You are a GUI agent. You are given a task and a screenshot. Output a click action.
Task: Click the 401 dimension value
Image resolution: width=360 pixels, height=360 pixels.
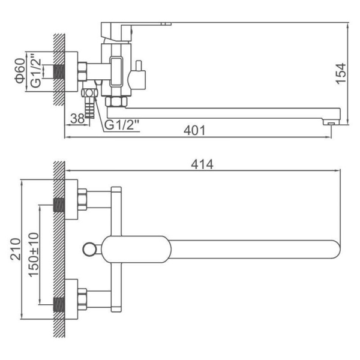point(194,130)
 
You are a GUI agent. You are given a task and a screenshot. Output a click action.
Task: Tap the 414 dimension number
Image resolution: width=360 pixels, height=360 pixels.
point(202,164)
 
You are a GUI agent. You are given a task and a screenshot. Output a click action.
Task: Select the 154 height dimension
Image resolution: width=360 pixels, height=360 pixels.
point(341,73)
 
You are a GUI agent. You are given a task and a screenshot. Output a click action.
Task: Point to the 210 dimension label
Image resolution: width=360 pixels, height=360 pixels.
point(16,249)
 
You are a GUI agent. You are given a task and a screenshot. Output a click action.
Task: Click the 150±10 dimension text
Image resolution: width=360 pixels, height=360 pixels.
point(34,254)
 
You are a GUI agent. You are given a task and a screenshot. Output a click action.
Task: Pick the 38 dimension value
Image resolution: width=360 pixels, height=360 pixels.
point(77,119)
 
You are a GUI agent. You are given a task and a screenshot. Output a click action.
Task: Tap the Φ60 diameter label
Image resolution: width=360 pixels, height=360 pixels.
point(20,71)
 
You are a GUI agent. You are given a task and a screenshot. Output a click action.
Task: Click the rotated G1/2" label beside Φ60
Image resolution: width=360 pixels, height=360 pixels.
point(36,71)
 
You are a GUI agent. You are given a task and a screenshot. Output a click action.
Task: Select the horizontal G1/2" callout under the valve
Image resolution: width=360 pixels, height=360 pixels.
point(122,125)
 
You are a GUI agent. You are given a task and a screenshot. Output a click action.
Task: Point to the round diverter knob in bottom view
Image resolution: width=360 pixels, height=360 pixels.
point(89,249)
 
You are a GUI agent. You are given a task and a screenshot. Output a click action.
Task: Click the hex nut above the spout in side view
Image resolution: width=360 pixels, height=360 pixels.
point(116,101)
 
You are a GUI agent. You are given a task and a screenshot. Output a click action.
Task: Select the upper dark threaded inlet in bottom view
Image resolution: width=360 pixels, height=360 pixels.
point(59,205)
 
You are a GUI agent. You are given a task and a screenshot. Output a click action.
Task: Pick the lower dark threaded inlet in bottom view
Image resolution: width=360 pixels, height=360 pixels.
point(59,305)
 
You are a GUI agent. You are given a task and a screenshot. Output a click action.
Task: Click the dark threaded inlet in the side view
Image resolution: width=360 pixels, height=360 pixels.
point(59,71)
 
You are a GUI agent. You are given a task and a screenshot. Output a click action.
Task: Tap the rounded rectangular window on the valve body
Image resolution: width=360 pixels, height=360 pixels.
point(116,72)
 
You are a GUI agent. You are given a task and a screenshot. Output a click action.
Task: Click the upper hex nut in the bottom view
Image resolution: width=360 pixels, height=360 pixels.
point(82,200)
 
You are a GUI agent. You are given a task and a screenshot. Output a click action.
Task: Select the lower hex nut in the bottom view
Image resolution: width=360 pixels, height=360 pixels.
point(82,299)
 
